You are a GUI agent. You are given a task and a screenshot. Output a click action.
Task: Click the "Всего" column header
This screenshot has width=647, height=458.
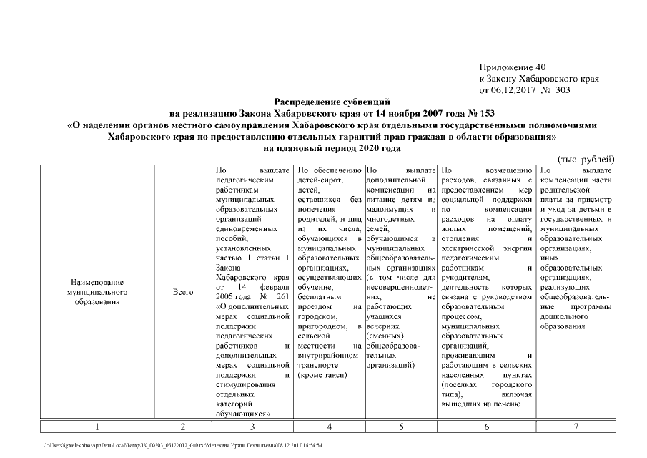tap(183, 293)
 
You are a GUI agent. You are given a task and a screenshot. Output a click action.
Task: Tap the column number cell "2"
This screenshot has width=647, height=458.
tap(183, 427)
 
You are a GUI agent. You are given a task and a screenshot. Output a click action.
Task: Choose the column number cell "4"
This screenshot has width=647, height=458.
tap(328, 427)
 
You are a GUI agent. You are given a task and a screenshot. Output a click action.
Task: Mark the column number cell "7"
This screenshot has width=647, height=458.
tap(576, 427)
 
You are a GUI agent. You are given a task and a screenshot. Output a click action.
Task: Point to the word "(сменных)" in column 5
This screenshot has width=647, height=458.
tap(385, 334)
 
